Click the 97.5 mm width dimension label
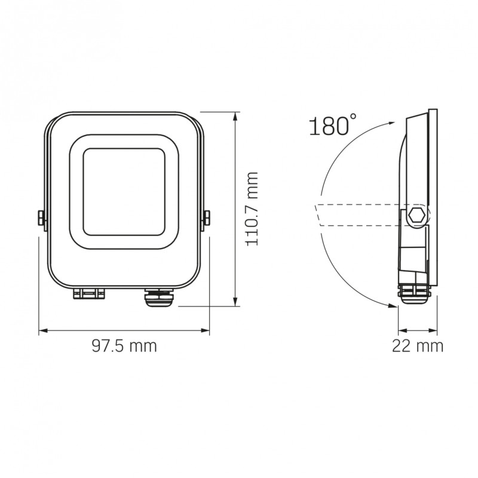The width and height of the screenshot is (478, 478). coord(124,345)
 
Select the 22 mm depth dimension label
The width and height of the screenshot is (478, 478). coord(418,345)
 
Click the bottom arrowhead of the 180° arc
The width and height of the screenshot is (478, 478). coord(392,308)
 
